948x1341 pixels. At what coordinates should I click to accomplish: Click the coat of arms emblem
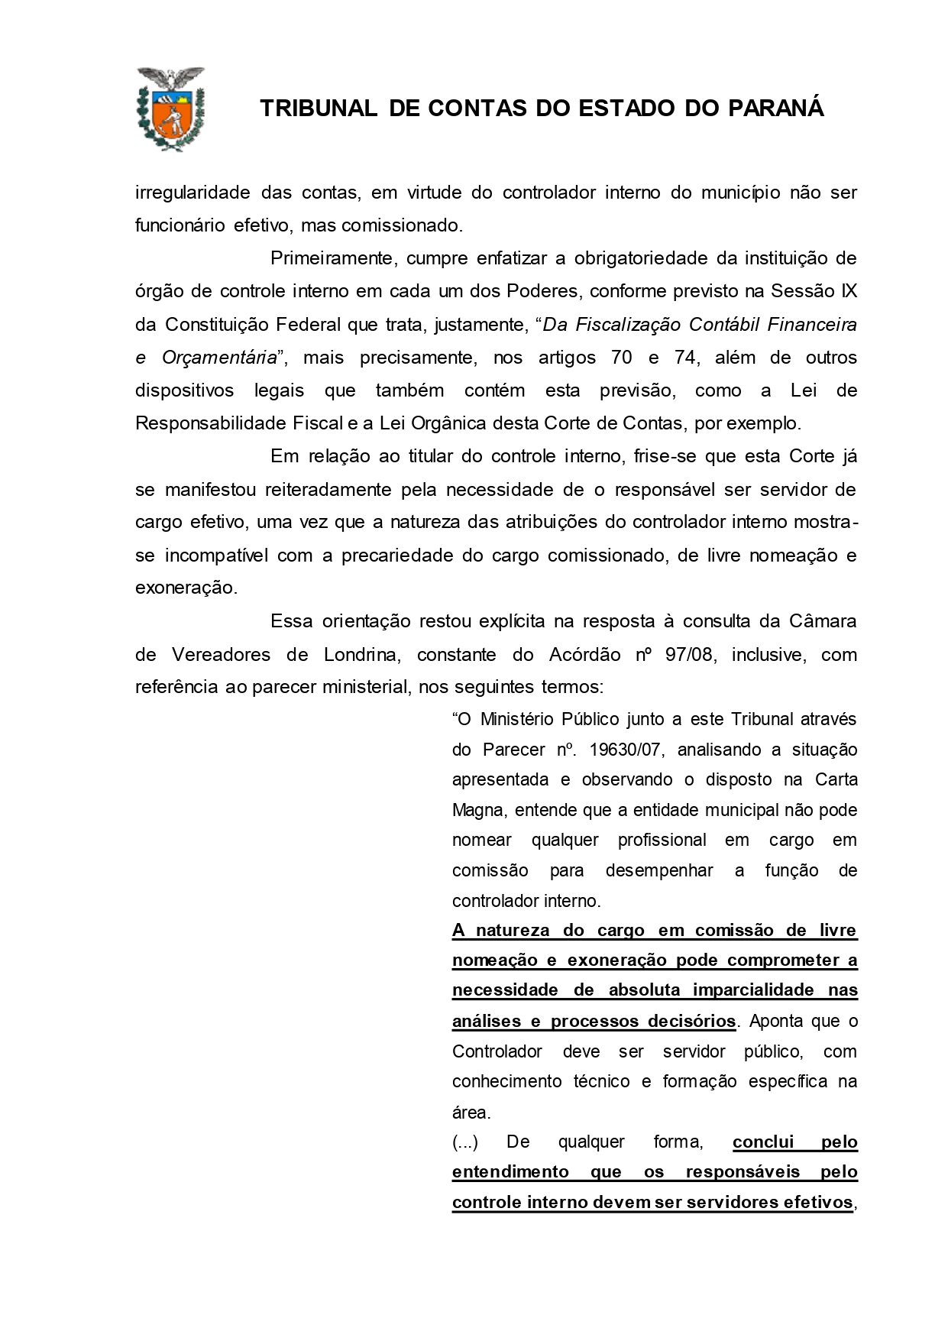tap(170, 108)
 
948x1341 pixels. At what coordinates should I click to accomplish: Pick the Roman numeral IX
tap(848, 291)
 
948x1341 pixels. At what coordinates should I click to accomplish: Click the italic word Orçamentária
tap(219, 358)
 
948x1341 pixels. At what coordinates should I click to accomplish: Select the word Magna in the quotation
tap(477, 810)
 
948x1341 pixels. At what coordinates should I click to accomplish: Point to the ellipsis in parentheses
tap(465, 1142)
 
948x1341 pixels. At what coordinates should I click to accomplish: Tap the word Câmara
tap(823, 621)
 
